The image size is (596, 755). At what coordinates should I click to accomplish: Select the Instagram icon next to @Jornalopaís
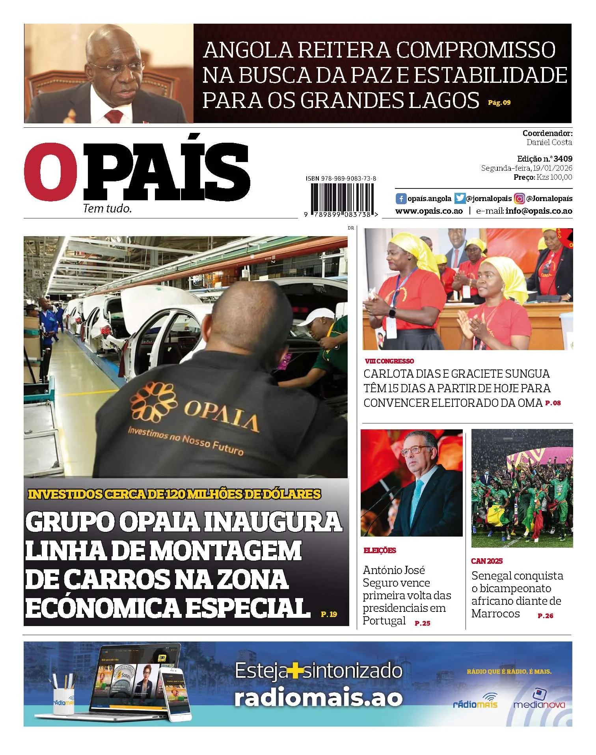click(520, 198)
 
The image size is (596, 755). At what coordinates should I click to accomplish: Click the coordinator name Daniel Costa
click(549, 142)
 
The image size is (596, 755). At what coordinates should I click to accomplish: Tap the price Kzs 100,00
click(554, 177)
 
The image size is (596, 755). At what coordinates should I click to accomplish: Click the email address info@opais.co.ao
click(539, 211)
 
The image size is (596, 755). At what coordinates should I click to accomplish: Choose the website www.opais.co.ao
click(429, 211)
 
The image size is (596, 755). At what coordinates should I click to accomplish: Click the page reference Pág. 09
click(499, 103)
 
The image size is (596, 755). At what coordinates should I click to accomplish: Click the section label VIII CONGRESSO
click(389, 361)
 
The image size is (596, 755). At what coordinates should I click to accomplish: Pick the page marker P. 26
click(546, 616)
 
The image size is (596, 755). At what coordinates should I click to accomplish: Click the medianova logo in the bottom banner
click(539, 703)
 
